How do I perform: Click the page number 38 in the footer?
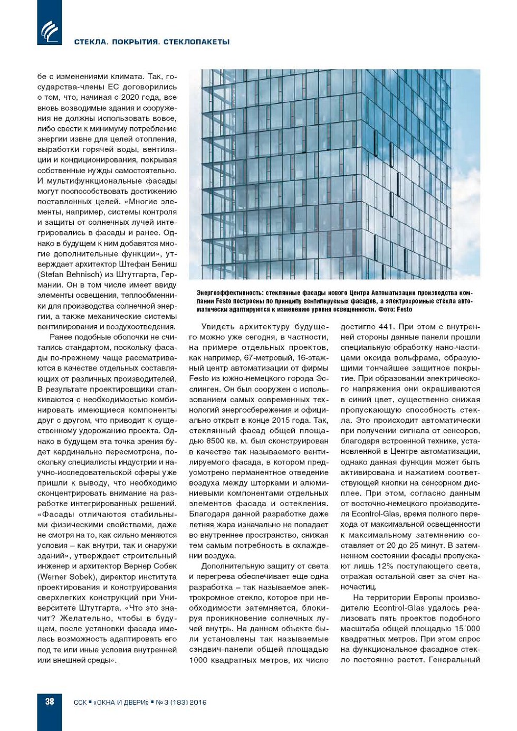click(x=50, y=701)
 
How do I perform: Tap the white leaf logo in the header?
click(x=50, y=31)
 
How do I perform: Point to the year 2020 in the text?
click(x=130, y=97)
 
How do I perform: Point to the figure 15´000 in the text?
click(x=465, y=629)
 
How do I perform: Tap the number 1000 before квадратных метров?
click(x=198, y=660)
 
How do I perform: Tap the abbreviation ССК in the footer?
click(x=80, y=702)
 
